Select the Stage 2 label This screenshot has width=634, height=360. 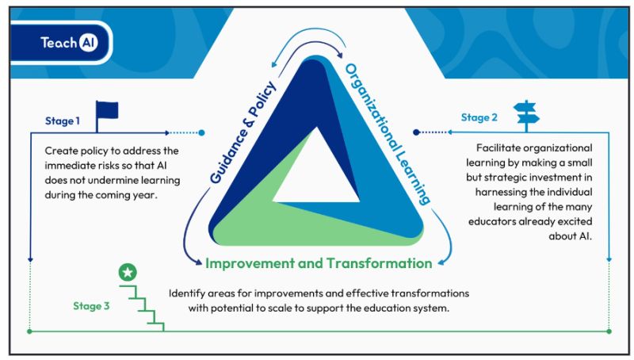click(x=479, y=117)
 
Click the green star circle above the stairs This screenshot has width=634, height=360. click(x=127, y=272)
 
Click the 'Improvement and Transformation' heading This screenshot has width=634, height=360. click(x=319, y=263)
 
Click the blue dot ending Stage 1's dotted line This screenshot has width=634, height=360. click(x=202, y=132)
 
